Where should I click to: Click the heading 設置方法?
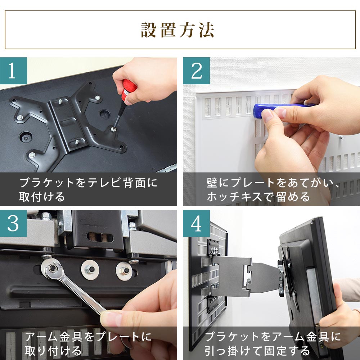click(x=177, y=30)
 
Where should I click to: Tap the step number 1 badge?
click(x=13, y=71)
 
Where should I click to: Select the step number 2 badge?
click(x=196, y=71)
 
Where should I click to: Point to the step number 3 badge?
click(x=13, y=223)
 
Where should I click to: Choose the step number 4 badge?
click(x=196, y=223)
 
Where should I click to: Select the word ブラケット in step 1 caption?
click(x=47, y=183)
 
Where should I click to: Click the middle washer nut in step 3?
click(x=90, y=270)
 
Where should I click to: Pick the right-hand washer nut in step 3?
click(x=124, y=271)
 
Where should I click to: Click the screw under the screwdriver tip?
click(x=113, y=129)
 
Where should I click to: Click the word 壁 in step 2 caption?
click(x=212, y=183)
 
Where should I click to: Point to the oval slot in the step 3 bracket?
click(x=100, y=237)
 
